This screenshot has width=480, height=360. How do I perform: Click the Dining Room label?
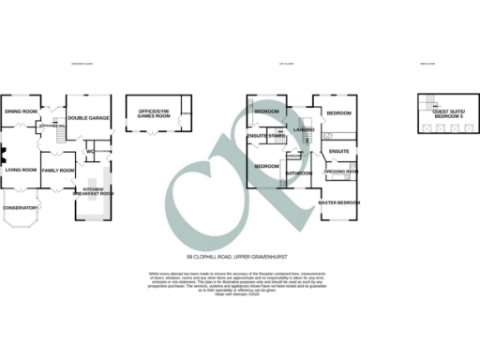click(x=21, y=112)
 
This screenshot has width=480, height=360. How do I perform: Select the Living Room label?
click(x=21, y=170)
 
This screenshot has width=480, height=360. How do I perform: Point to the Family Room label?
click(x=58, y=170)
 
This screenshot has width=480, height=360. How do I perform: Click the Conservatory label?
click(x=20, y=207)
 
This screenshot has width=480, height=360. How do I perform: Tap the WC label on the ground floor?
click(x=90, y=151)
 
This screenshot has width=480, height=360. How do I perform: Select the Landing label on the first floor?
click(x=303, y=129)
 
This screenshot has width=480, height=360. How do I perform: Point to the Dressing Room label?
click(x=341, y=172)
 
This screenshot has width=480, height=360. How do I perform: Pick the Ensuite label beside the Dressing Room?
click(x=339, y=151)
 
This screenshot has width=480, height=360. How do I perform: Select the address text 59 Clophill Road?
click(x=239, y=256)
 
